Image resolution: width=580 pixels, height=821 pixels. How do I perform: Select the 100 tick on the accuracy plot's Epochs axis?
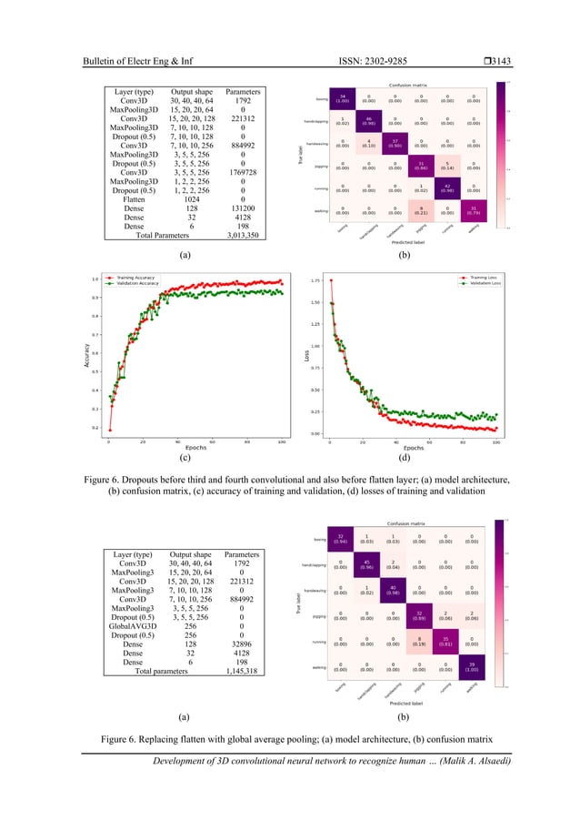[x=282, y=442]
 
